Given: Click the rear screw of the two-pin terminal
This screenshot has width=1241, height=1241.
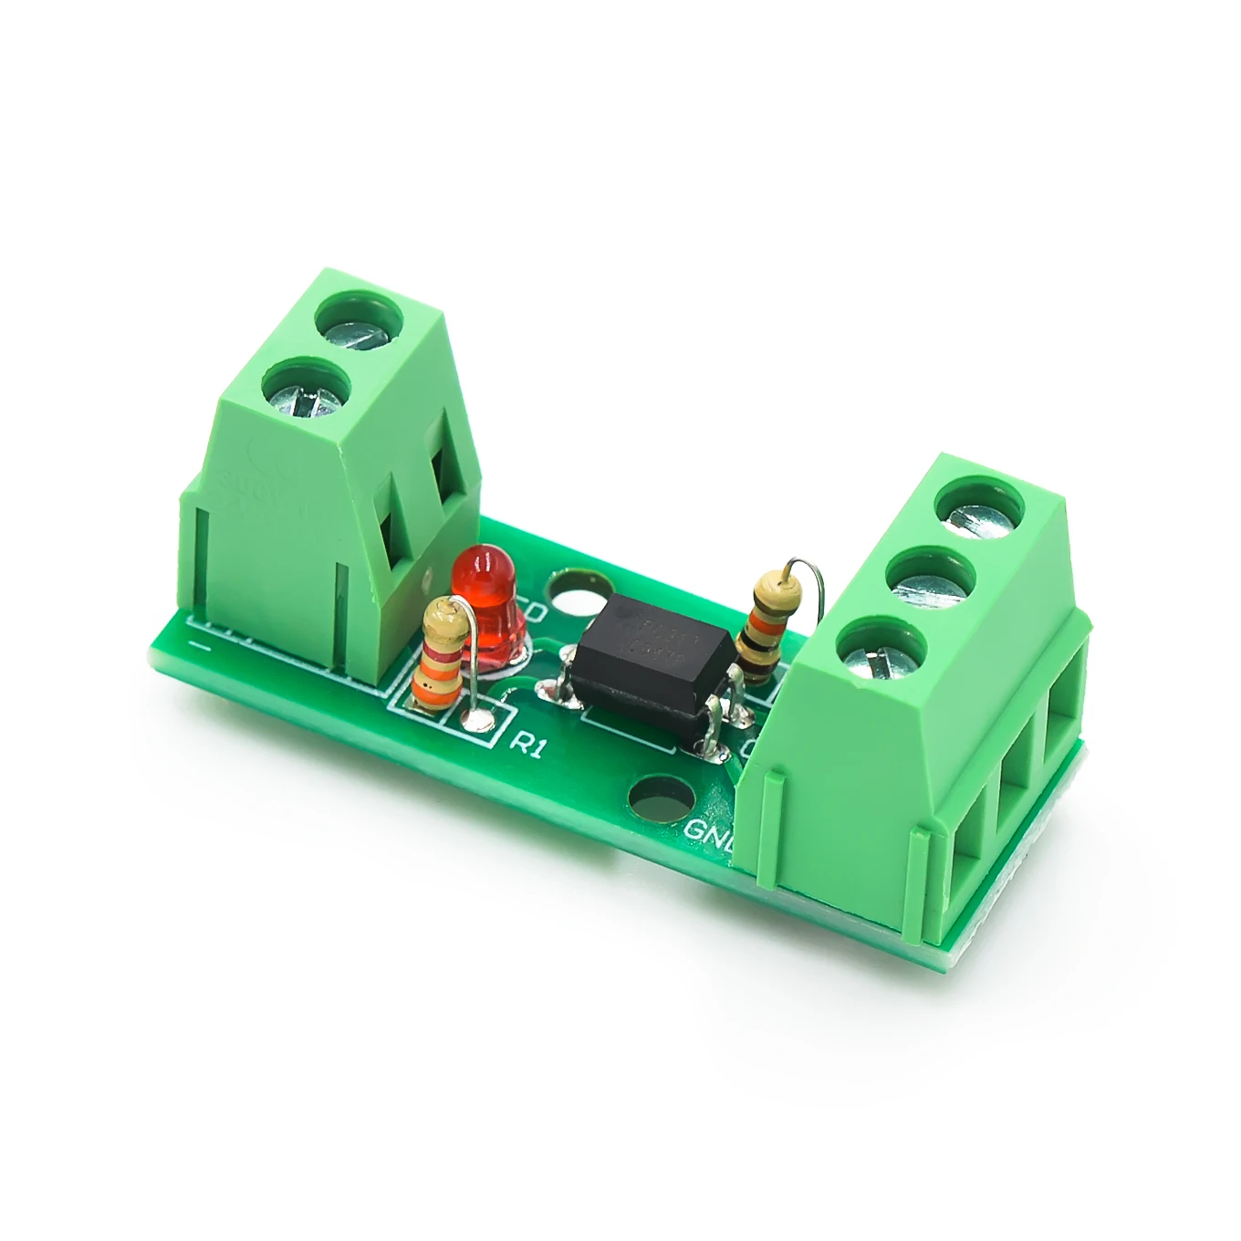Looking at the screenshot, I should tap(359, 325).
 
